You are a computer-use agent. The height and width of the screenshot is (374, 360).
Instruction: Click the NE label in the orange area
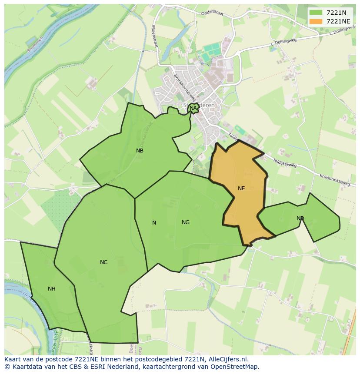point(241,189)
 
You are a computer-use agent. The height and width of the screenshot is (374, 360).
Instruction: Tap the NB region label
point(140,151)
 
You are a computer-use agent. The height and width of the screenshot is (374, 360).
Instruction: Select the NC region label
point(103,262)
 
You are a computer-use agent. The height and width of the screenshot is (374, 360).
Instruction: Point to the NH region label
point(52,289)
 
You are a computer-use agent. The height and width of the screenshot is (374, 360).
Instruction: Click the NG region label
point(186,222)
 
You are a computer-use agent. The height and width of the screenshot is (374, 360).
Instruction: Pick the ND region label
point(300,218)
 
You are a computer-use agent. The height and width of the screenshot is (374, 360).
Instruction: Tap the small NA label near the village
point(193,108)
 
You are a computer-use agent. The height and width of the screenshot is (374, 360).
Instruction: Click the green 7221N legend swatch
point(316,13)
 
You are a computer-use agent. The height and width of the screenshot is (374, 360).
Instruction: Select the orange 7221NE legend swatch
point(316,21)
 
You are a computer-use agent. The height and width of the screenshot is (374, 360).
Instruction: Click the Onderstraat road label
point(212,13)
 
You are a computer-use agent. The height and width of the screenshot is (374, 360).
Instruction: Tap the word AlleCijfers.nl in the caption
point(228,359)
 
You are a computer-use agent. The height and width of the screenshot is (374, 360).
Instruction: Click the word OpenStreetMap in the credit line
point(236,367)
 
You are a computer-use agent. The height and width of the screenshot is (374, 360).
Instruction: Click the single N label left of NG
point(154,223)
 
